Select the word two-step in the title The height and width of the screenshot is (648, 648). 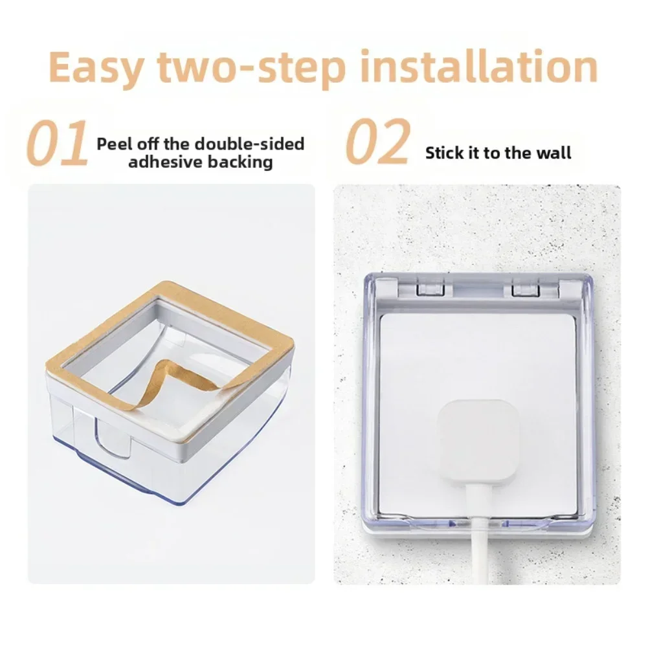(252, 68)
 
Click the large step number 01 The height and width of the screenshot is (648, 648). (57, 142)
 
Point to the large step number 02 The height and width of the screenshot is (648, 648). (377, 141)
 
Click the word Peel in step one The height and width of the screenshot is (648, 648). (115, 144)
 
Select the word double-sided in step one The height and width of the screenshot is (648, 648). (249, 144)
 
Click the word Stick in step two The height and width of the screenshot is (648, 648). (445, 153)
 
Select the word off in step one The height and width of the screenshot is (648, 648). (148, 144)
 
